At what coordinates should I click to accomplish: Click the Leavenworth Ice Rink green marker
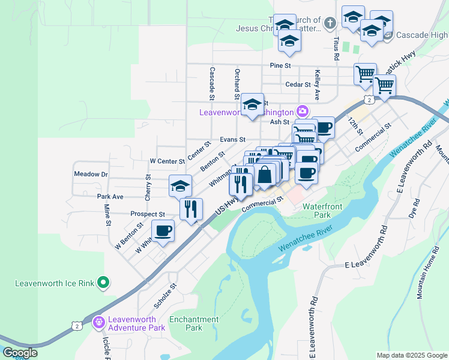click(103, 281)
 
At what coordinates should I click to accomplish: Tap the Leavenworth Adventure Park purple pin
click(98, 322)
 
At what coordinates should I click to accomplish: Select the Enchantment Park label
click(193, 323)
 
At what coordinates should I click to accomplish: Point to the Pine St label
click(280, 65)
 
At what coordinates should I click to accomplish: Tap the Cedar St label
click(297, 85)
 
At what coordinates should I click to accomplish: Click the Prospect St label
click(148, 214)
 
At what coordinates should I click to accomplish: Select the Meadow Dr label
click(90, 174)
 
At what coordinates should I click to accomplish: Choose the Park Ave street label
click(110, 196)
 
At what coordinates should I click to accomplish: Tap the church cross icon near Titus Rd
click(329, 23)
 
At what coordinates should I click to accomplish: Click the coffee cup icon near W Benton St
click(163, 230)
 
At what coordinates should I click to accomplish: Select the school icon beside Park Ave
click(180, 185)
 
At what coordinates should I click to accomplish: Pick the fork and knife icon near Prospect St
click(191, 209)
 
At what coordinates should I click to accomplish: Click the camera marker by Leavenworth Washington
click(301, 112)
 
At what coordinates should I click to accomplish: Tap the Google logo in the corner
click(20, 353)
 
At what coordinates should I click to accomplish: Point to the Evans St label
click(232, 139)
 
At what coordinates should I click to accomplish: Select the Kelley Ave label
click(317, 84)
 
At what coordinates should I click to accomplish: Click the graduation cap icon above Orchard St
click(253, 103)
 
